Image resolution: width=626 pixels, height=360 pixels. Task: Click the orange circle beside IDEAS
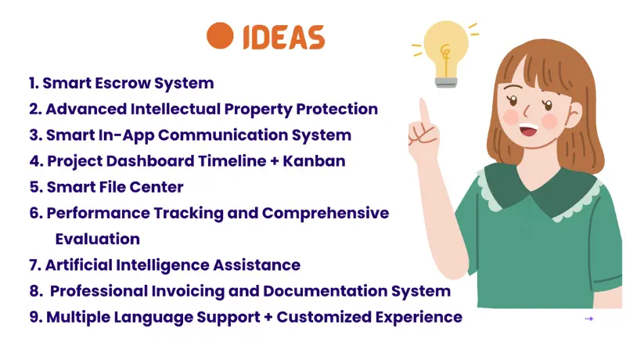(x=220, y=36)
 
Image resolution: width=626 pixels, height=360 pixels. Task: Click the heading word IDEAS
(x=284, y=38)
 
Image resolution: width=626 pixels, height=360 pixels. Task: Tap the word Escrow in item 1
(x=123, y=83)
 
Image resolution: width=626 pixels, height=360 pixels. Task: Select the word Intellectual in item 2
(x=175, y=109)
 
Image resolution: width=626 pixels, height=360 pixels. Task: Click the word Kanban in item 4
(x=314, y=161)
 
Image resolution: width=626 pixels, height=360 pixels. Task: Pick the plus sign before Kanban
(x=275, y=161)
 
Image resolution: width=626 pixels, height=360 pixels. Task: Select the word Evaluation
(x=97, y=239)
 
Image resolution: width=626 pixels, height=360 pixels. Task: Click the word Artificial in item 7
(x=79, y=265)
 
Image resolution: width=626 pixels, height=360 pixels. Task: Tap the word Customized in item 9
(x=324, y=317)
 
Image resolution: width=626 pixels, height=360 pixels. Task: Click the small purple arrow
(x=589, y=319)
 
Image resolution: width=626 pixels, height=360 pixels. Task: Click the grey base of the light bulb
(x=446, y=82)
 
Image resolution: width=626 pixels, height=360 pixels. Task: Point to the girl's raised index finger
(x=424, y=113)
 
